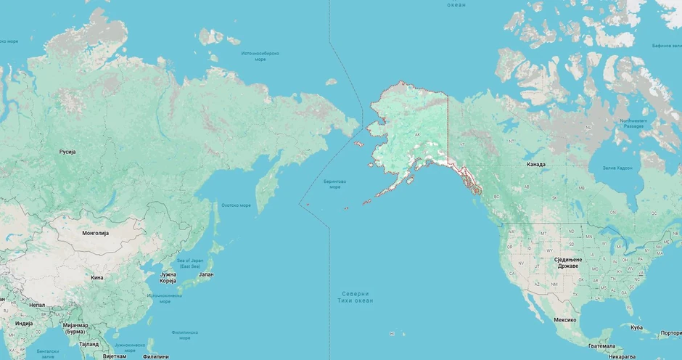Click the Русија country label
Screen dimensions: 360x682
67,152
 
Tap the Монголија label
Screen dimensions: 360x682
95,233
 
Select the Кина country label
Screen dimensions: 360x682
96,277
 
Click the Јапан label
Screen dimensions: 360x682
206,274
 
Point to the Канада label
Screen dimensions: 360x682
536,164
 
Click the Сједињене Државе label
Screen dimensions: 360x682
563,263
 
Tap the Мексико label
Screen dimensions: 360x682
564,319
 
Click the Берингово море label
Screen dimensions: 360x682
334,184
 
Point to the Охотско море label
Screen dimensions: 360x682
236,205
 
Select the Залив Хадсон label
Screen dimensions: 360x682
617,168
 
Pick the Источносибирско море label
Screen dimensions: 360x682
260,56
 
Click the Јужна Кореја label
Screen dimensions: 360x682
168,277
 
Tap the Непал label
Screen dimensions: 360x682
37,305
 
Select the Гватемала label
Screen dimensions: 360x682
603,345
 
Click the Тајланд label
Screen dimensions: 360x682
89,344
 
